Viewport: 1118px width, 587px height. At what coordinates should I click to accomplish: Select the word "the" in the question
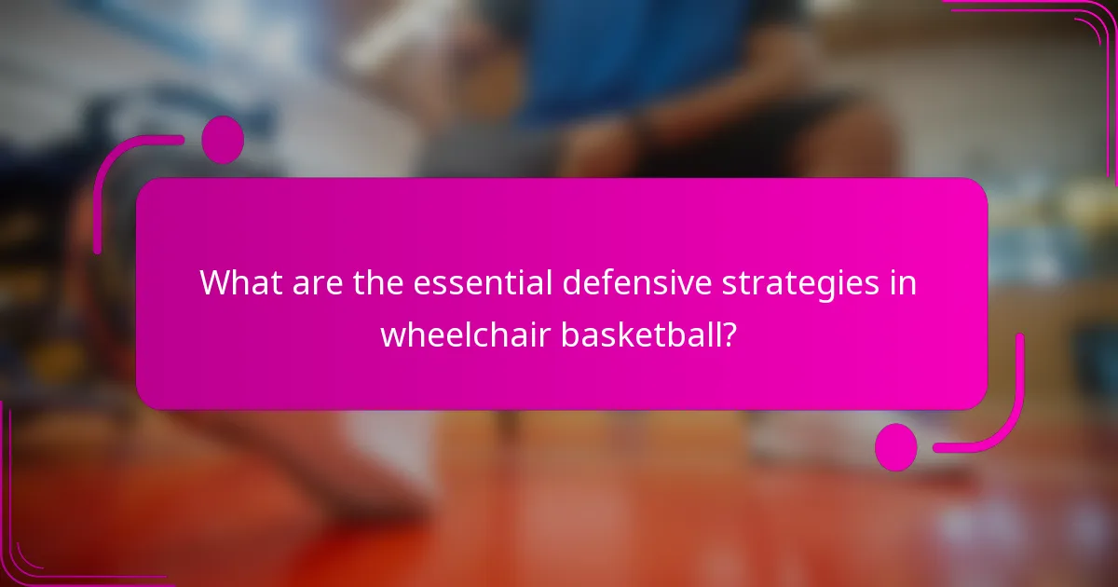379,282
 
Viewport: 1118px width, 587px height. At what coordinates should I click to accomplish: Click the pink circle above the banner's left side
223,140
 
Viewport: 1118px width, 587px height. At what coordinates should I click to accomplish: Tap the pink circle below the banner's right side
896,446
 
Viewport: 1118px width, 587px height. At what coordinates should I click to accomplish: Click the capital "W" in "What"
215,282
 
